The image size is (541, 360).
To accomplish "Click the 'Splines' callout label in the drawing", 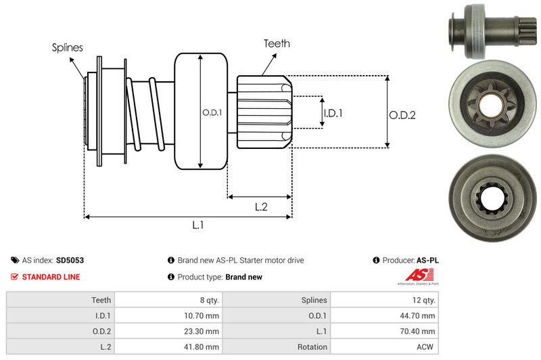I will (x=67, y=47).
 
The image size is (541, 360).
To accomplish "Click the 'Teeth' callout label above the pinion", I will (x=277, y=43).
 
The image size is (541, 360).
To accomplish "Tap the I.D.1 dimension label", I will (x=333, y=113).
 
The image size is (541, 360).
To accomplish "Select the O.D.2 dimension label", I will (x=402, y=115).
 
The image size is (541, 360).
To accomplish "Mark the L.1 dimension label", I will (x=198, y=225).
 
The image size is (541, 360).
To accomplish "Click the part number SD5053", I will (x=70, y=260).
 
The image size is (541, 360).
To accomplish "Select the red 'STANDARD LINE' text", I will (x=51, y=277).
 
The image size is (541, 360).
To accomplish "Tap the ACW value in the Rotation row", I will (x=426, y=346).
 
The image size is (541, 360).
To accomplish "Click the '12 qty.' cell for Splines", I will (x=422, y=300).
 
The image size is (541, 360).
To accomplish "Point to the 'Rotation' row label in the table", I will (x=311, y=346).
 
